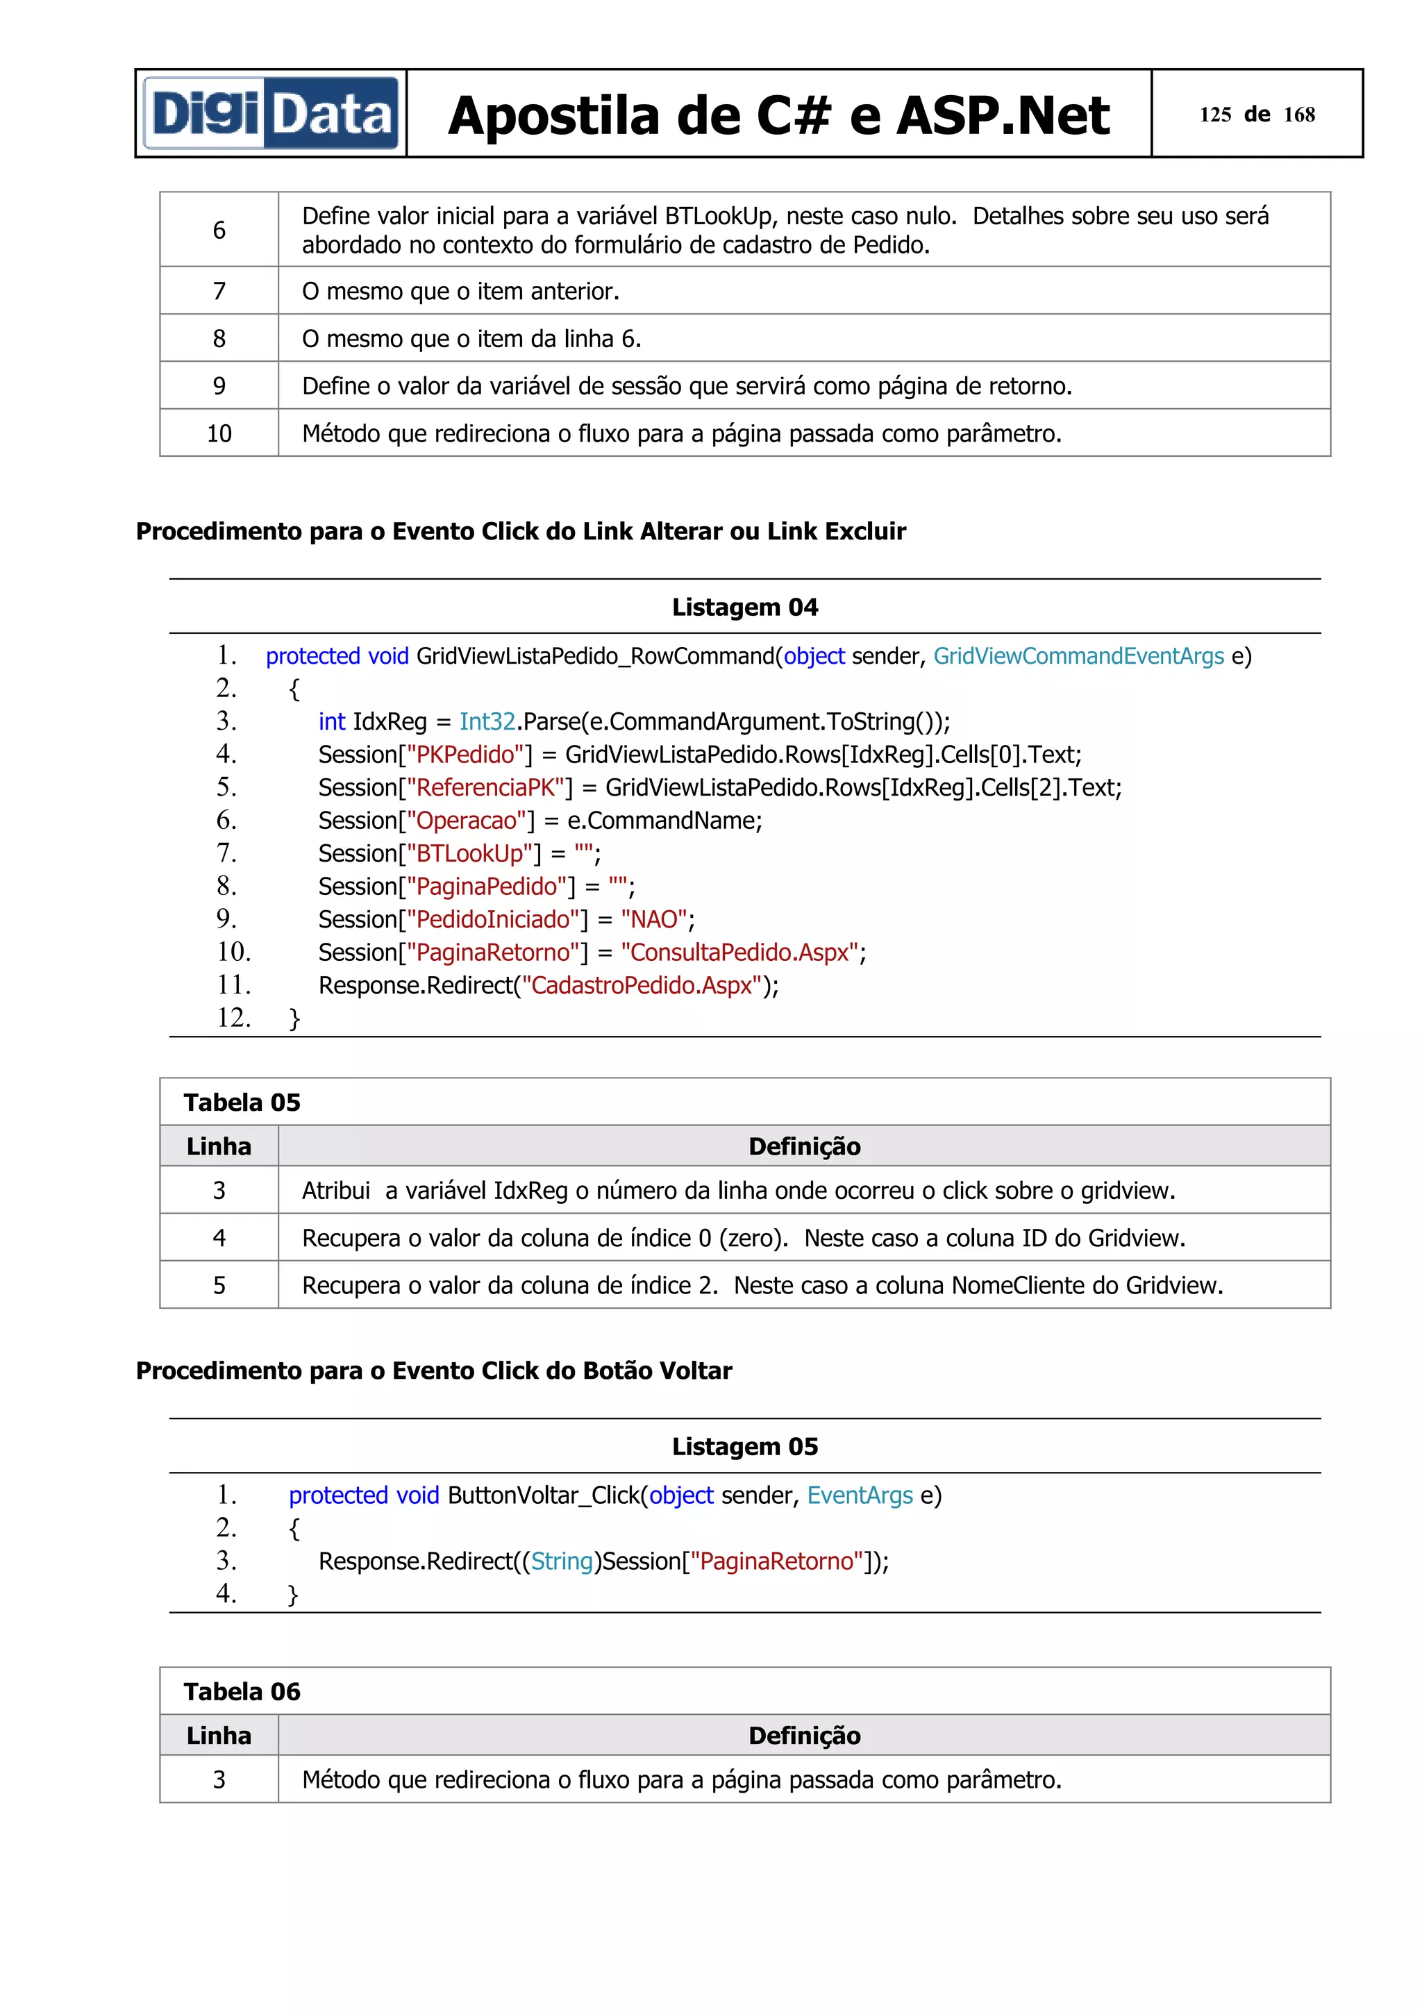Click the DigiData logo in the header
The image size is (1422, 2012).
click(x=271, y=114)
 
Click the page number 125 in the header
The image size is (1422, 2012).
click(x=1214, y=115)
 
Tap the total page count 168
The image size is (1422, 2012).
click(x=1298, y=115)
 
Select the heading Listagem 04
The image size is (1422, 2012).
click(x=745, y=607)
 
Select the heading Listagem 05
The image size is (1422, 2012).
click(x=745, y=1447)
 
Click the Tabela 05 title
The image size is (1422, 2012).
click(x=242, y=1103)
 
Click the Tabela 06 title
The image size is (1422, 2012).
click(x=242, y=1691)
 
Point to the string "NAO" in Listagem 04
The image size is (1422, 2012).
click(x=653, y=919)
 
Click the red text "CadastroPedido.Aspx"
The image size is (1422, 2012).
click(x=642, y=986)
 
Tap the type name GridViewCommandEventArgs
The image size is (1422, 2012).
click(x=1078, y=656)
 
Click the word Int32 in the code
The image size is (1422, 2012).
click(x=487, y=722)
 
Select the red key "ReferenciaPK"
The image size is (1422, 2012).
click(x=486, y=788)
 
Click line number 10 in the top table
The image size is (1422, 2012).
click(x=219, y=434)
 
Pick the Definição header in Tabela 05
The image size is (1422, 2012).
click(x=803, y=1146)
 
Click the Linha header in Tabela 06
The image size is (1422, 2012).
click(x=219, y=1735)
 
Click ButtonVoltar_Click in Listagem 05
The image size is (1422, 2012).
click(x=543, y=1496)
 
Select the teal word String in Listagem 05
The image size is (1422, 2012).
click(x=562, y=1561)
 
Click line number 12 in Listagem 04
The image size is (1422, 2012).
click(x=233, y=1018)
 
